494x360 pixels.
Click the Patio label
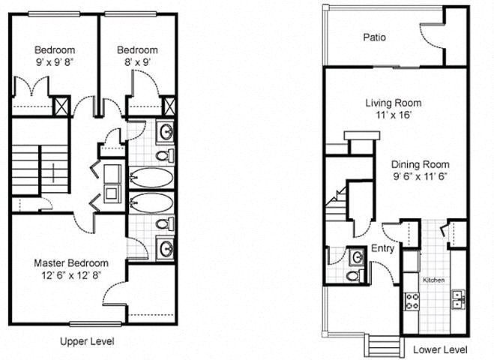pos(374,37)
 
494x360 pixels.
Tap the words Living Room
pos(394,103)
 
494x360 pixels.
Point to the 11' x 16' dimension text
pos(394,115)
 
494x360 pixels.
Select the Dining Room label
pos(421,164)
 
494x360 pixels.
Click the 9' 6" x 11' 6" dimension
pos(421,176)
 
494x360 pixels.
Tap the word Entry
pos(382,248)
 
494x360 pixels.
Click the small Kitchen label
pos(433,280)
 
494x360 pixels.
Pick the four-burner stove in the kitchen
pos(412,301)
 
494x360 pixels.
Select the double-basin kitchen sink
pos(459,299)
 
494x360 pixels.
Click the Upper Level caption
pos(87,341)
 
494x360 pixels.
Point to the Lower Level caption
pos(440,349)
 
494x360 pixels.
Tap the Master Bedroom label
pos(71,263)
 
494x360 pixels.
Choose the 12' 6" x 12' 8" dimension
pos(71,275)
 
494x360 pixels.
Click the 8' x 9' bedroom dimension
pos(137,62)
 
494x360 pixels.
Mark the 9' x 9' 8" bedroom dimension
pos(55,62)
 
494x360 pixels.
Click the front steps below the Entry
pos(385,346)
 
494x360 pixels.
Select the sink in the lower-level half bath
pos(358,256)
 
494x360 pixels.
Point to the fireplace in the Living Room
pos(361,142)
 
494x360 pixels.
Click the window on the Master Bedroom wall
pos(95,324)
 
